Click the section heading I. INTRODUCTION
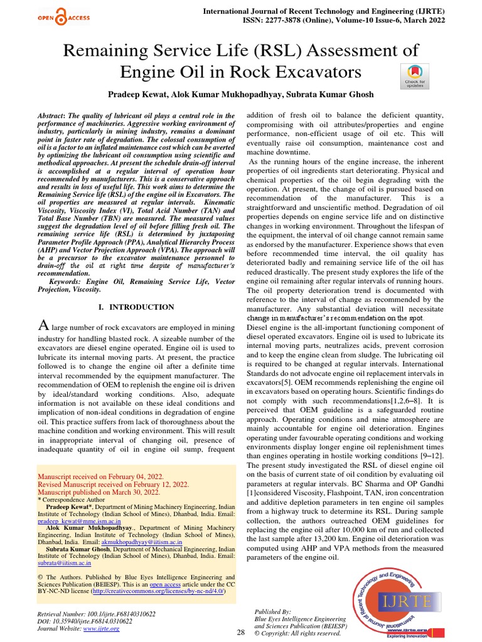137,307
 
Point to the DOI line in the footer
85,621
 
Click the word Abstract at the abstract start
53,116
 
